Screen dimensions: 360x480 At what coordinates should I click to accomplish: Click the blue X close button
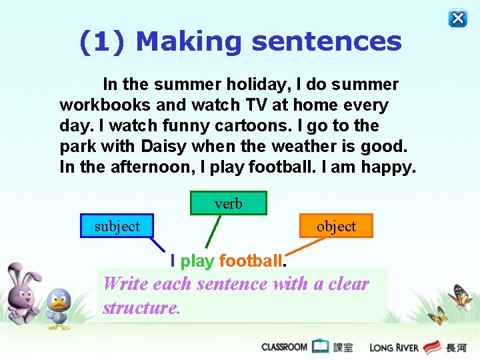[458, 19]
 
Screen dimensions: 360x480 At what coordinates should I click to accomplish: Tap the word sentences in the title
[327, 41]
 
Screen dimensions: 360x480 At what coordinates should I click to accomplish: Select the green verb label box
[229, 203]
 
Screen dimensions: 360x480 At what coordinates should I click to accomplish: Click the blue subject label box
[117, 226]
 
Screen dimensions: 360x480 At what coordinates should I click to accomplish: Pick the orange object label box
[336, 226]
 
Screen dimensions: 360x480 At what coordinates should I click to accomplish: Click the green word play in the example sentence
[197, 261]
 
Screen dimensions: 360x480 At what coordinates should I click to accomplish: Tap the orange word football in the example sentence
[251, 261]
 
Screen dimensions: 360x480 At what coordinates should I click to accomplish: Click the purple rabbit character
[23, 293]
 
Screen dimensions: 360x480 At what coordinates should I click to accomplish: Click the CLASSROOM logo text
[285, 347]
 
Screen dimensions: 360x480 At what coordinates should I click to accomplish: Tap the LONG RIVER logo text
[394, 347]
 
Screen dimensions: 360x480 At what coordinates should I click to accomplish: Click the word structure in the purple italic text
[141, 308]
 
